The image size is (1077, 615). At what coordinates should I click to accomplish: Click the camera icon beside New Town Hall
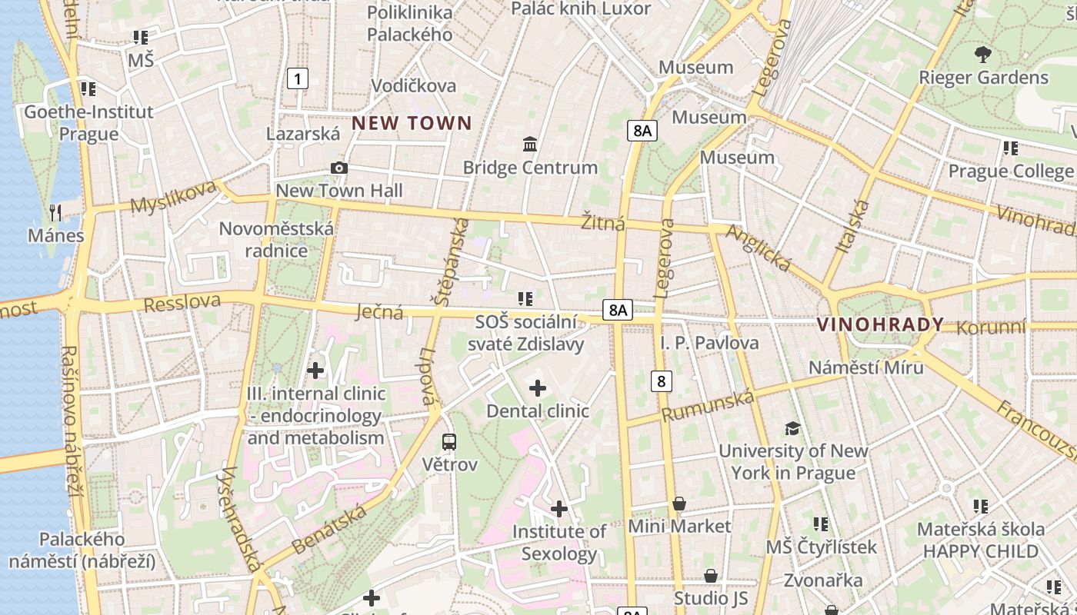[338, 168]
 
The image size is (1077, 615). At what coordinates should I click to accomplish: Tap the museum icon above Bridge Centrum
[530, 144]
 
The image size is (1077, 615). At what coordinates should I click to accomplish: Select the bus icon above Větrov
[449, 442]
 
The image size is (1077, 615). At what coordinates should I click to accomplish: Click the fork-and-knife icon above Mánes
[55, 212]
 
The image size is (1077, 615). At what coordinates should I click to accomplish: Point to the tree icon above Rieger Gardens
[982, 55]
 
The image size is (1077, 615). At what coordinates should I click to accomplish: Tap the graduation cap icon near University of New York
[792, 428]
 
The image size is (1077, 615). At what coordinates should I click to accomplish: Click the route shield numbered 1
[298, 78]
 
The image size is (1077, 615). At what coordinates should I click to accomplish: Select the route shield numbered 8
[661, 381]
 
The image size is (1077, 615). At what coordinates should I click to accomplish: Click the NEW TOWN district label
[412, 123]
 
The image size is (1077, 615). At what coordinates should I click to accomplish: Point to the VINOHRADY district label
[880, 324]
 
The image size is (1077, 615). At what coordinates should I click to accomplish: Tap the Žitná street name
[603, 223]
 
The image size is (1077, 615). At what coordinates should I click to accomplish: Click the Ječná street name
[380, 311]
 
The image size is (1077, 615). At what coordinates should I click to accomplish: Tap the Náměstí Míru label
[865, 367]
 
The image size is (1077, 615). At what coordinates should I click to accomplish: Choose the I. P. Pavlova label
[709, 343]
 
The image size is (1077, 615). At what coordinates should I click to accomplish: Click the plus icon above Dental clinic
[538, 388]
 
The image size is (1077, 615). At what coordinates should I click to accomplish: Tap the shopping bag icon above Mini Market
[679, 504]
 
